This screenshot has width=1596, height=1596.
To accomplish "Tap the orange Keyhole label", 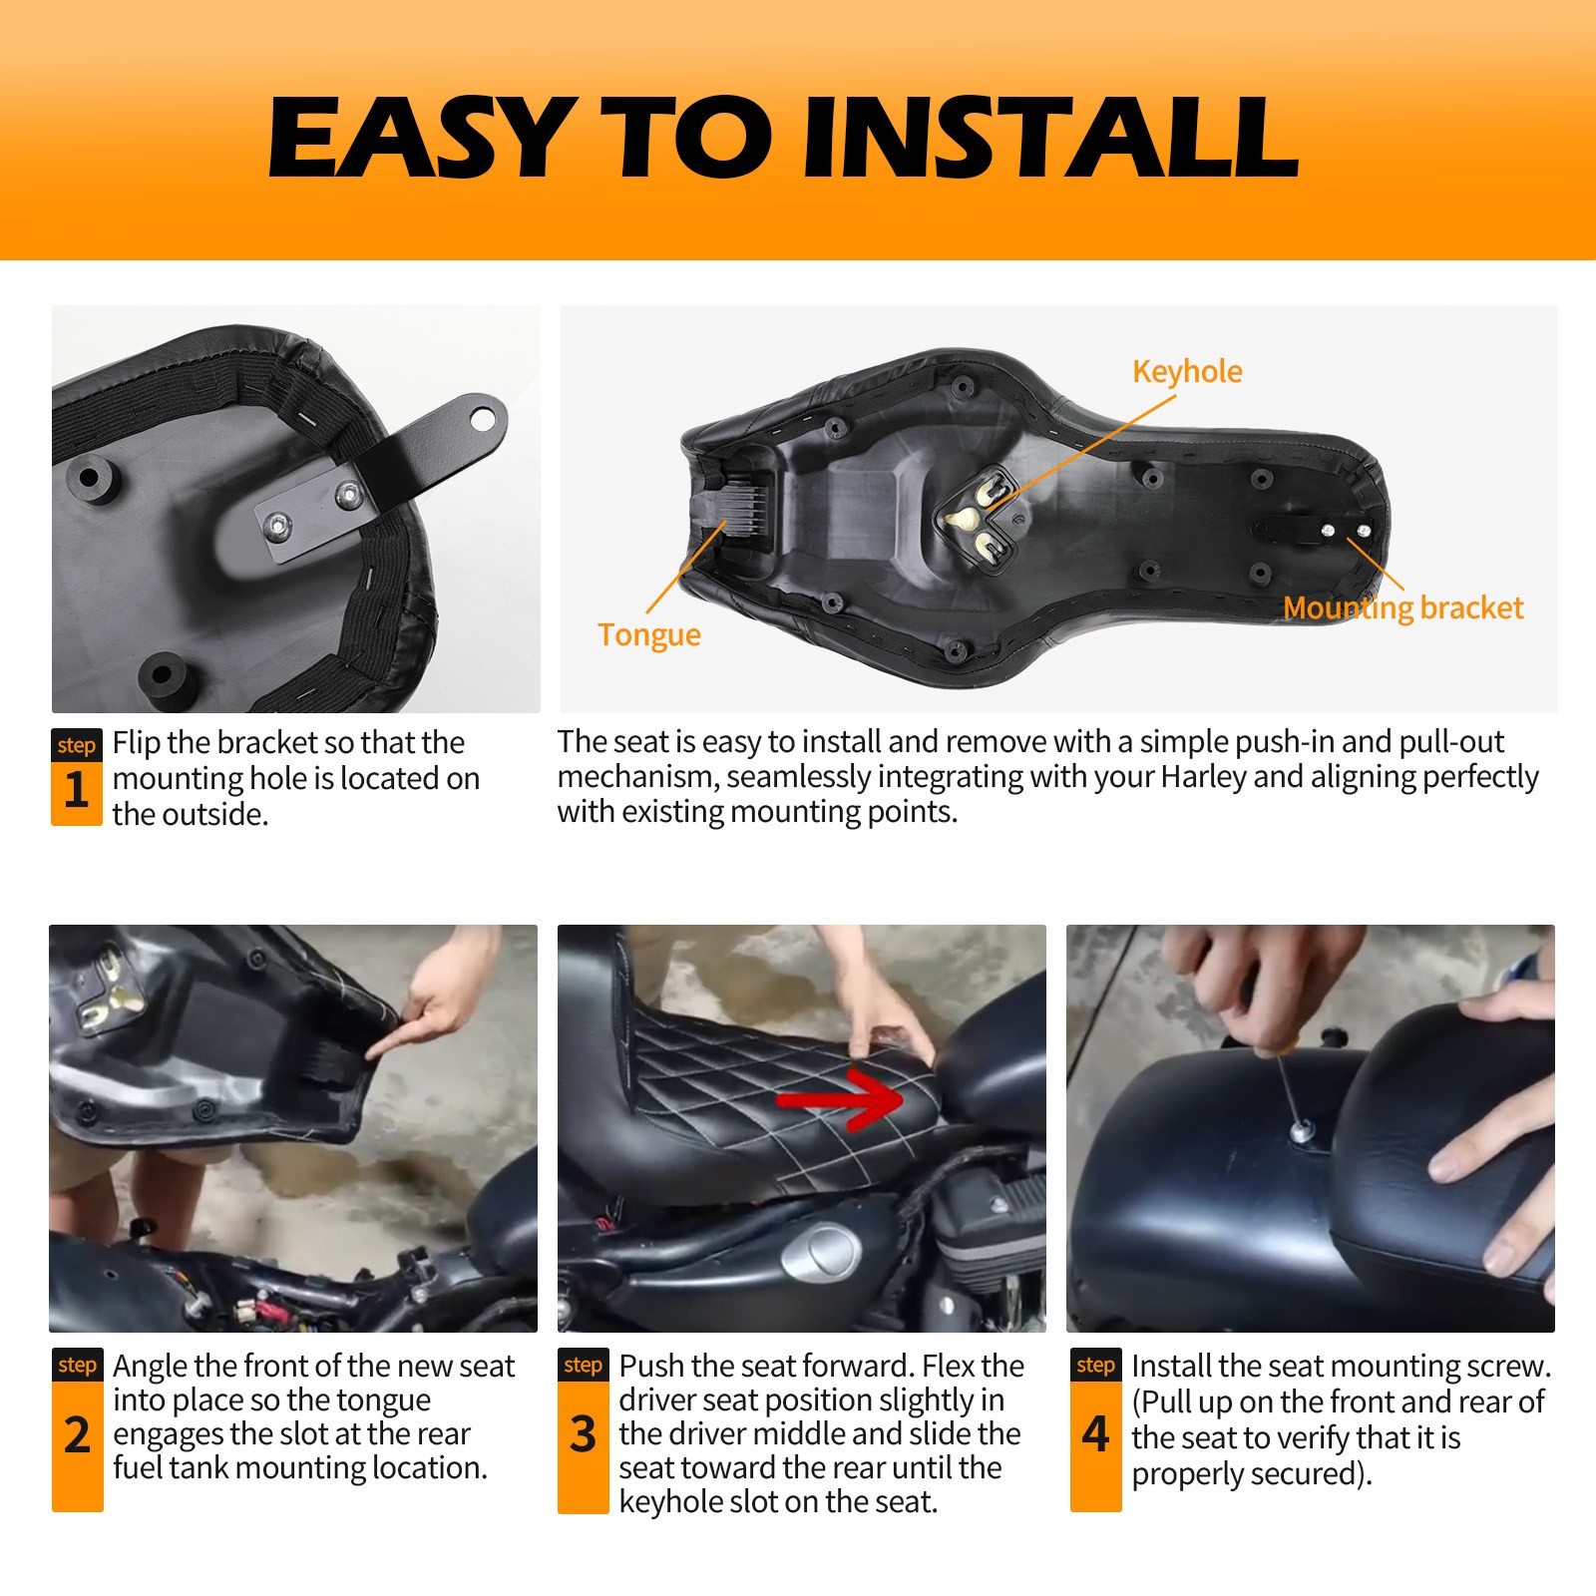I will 1187,372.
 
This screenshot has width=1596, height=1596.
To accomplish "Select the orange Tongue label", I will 648,635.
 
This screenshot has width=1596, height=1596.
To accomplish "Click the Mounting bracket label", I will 1402,608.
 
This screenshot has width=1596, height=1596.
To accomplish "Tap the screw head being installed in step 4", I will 1302,1131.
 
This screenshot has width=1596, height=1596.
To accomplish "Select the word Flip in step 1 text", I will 137,743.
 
